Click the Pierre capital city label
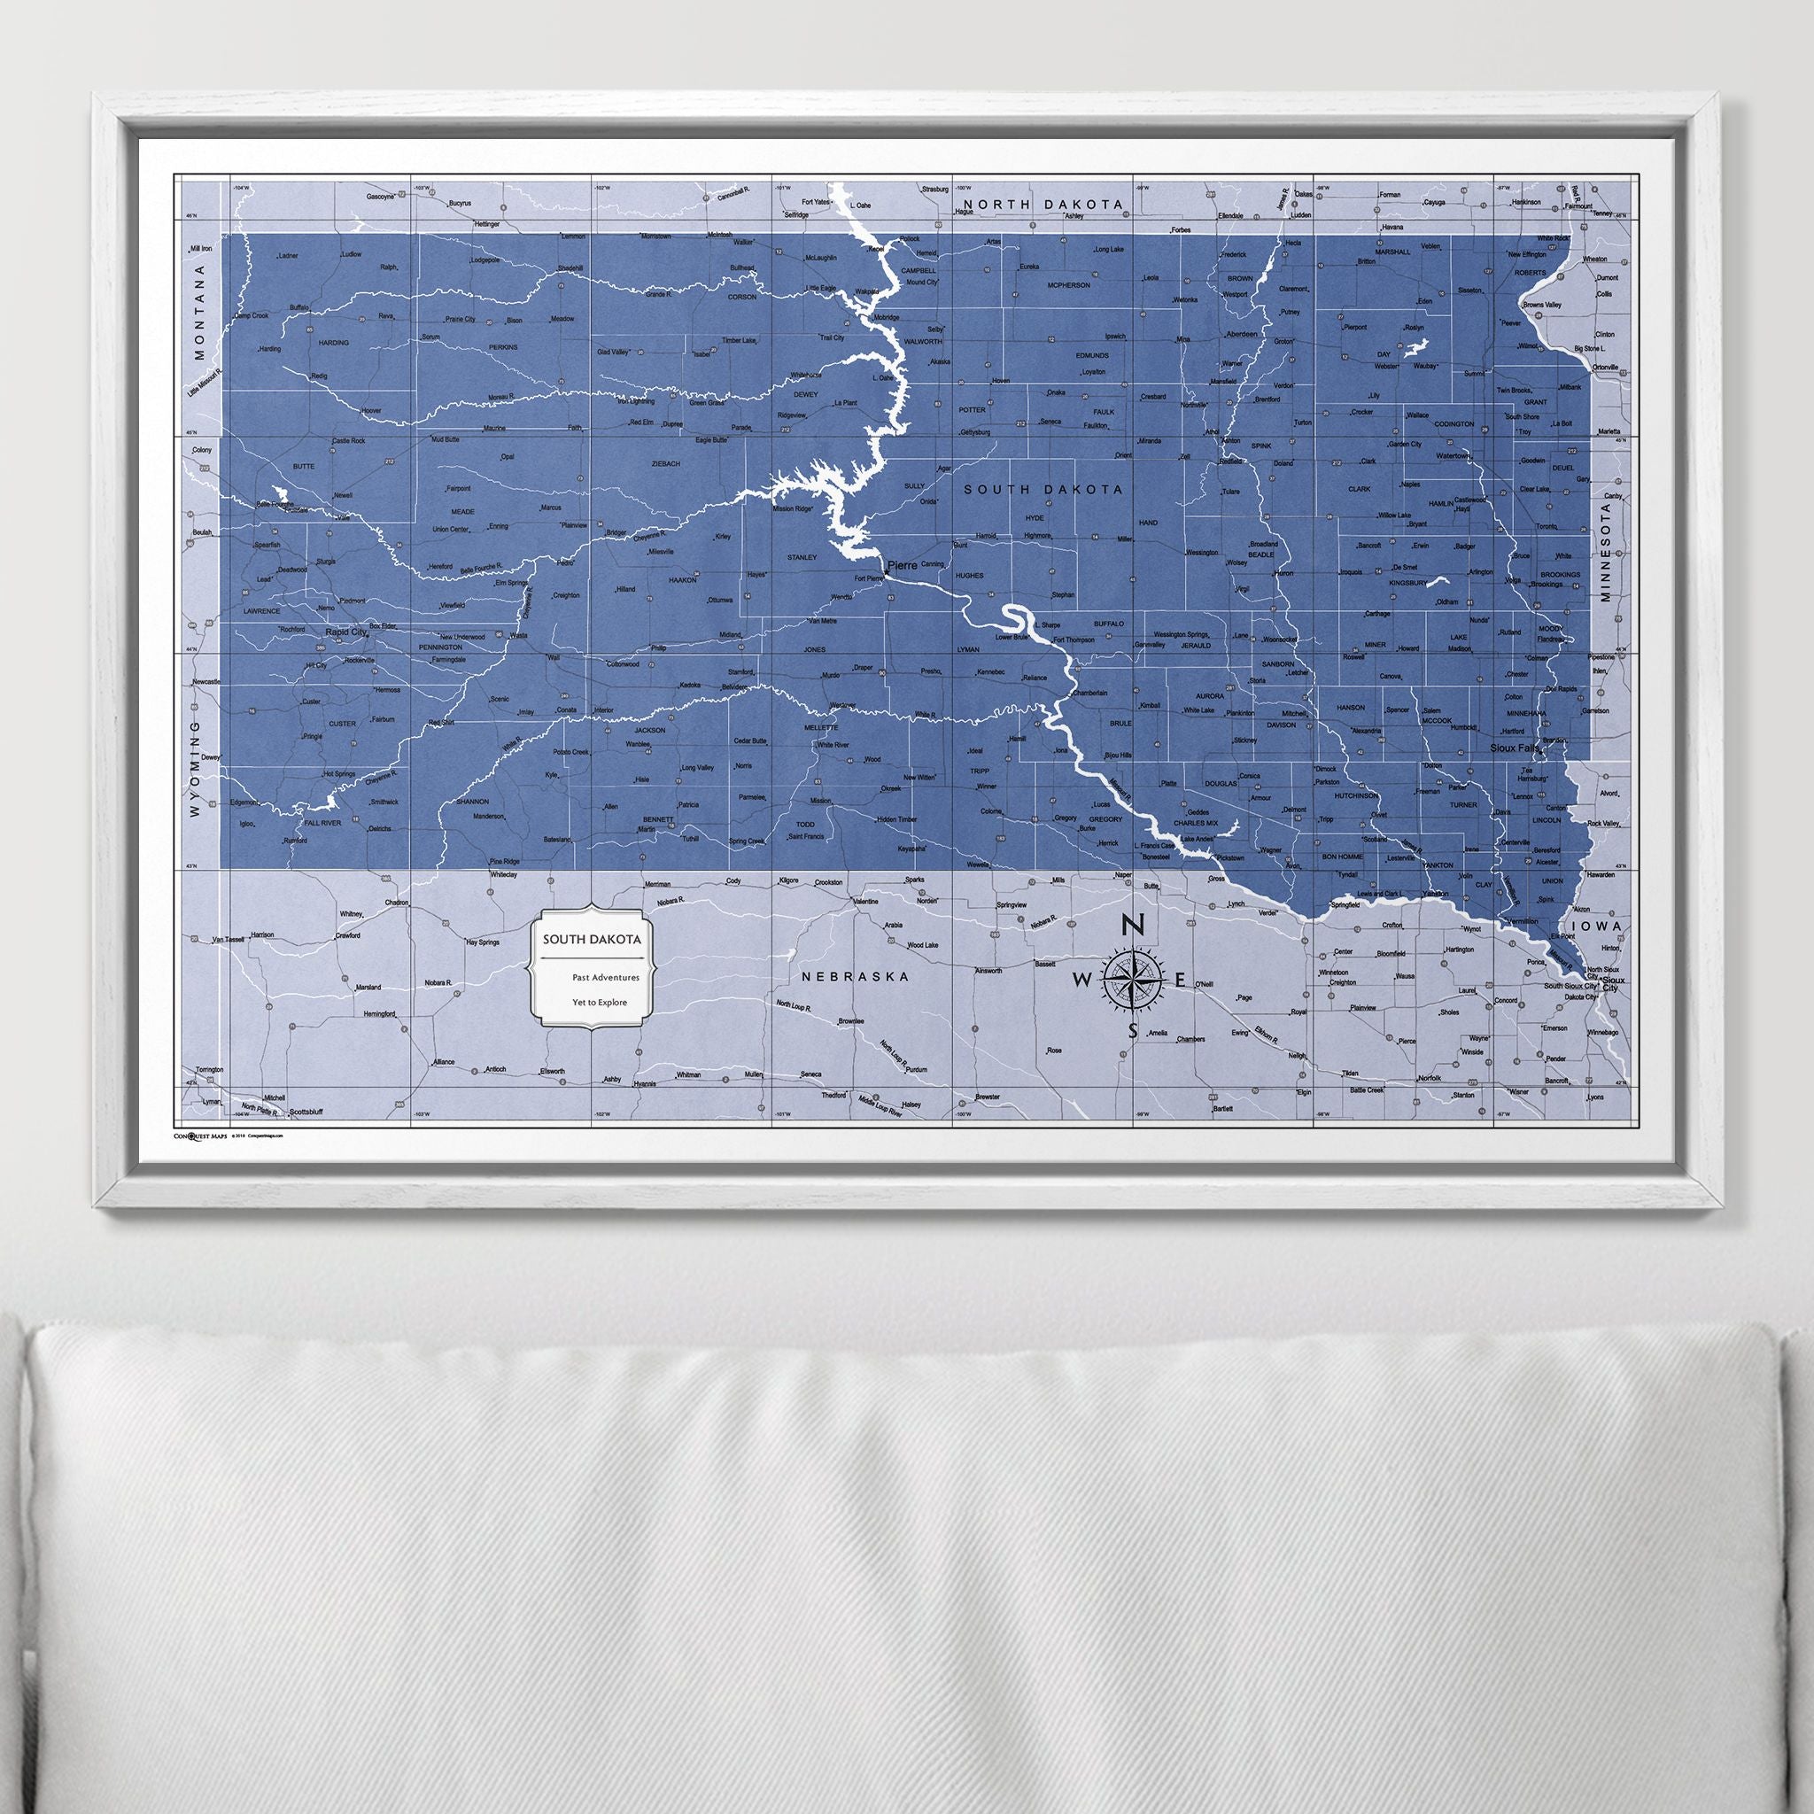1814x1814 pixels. [903, 566]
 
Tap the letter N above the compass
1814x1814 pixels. [1133, 925]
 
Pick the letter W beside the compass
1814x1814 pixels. [1081, 981]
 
